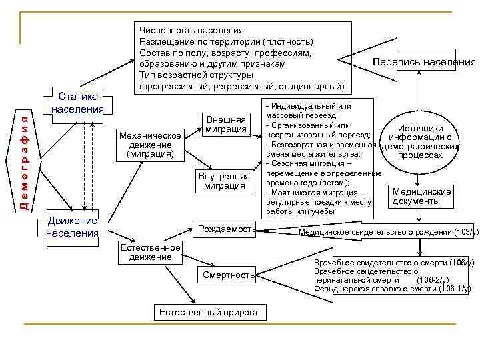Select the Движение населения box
72,227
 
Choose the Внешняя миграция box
227,122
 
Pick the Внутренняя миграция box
224,181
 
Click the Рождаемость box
225,229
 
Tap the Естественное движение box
150,252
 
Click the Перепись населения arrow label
425,62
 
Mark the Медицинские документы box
421,196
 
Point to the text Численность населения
191,31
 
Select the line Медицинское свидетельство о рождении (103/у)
389,232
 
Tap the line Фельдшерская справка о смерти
392,289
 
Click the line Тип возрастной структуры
196,75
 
